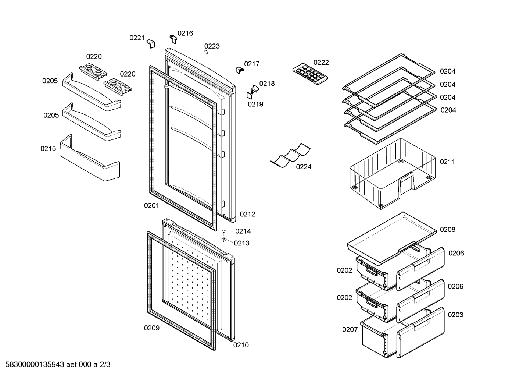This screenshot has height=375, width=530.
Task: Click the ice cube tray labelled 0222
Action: pos(310,74)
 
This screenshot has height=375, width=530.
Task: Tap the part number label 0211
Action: pos(447,162)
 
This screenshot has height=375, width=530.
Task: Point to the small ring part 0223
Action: pos(206,52)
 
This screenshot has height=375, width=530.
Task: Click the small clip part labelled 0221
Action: pos(151,43)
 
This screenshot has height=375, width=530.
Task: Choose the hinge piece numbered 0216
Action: pos(173,39)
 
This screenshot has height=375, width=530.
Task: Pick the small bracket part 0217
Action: pos(240,70)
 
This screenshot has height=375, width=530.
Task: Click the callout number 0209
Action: pos(152,328)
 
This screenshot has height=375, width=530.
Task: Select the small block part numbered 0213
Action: pos(223,240)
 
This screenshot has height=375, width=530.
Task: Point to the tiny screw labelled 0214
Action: pos(223,232)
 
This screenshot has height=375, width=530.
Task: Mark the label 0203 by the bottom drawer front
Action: pos(455,315)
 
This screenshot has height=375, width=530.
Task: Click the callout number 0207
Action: pos(350,329)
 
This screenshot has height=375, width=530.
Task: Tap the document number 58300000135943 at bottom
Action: pos(35,365)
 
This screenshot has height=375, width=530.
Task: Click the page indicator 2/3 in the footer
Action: pos(105,365)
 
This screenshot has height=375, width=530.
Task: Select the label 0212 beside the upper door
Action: pos(247,214)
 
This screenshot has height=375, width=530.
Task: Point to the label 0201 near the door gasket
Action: pos(151,205)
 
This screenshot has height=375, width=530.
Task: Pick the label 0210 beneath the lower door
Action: pos(241,345)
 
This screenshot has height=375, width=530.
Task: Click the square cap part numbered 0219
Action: pos(250,95)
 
